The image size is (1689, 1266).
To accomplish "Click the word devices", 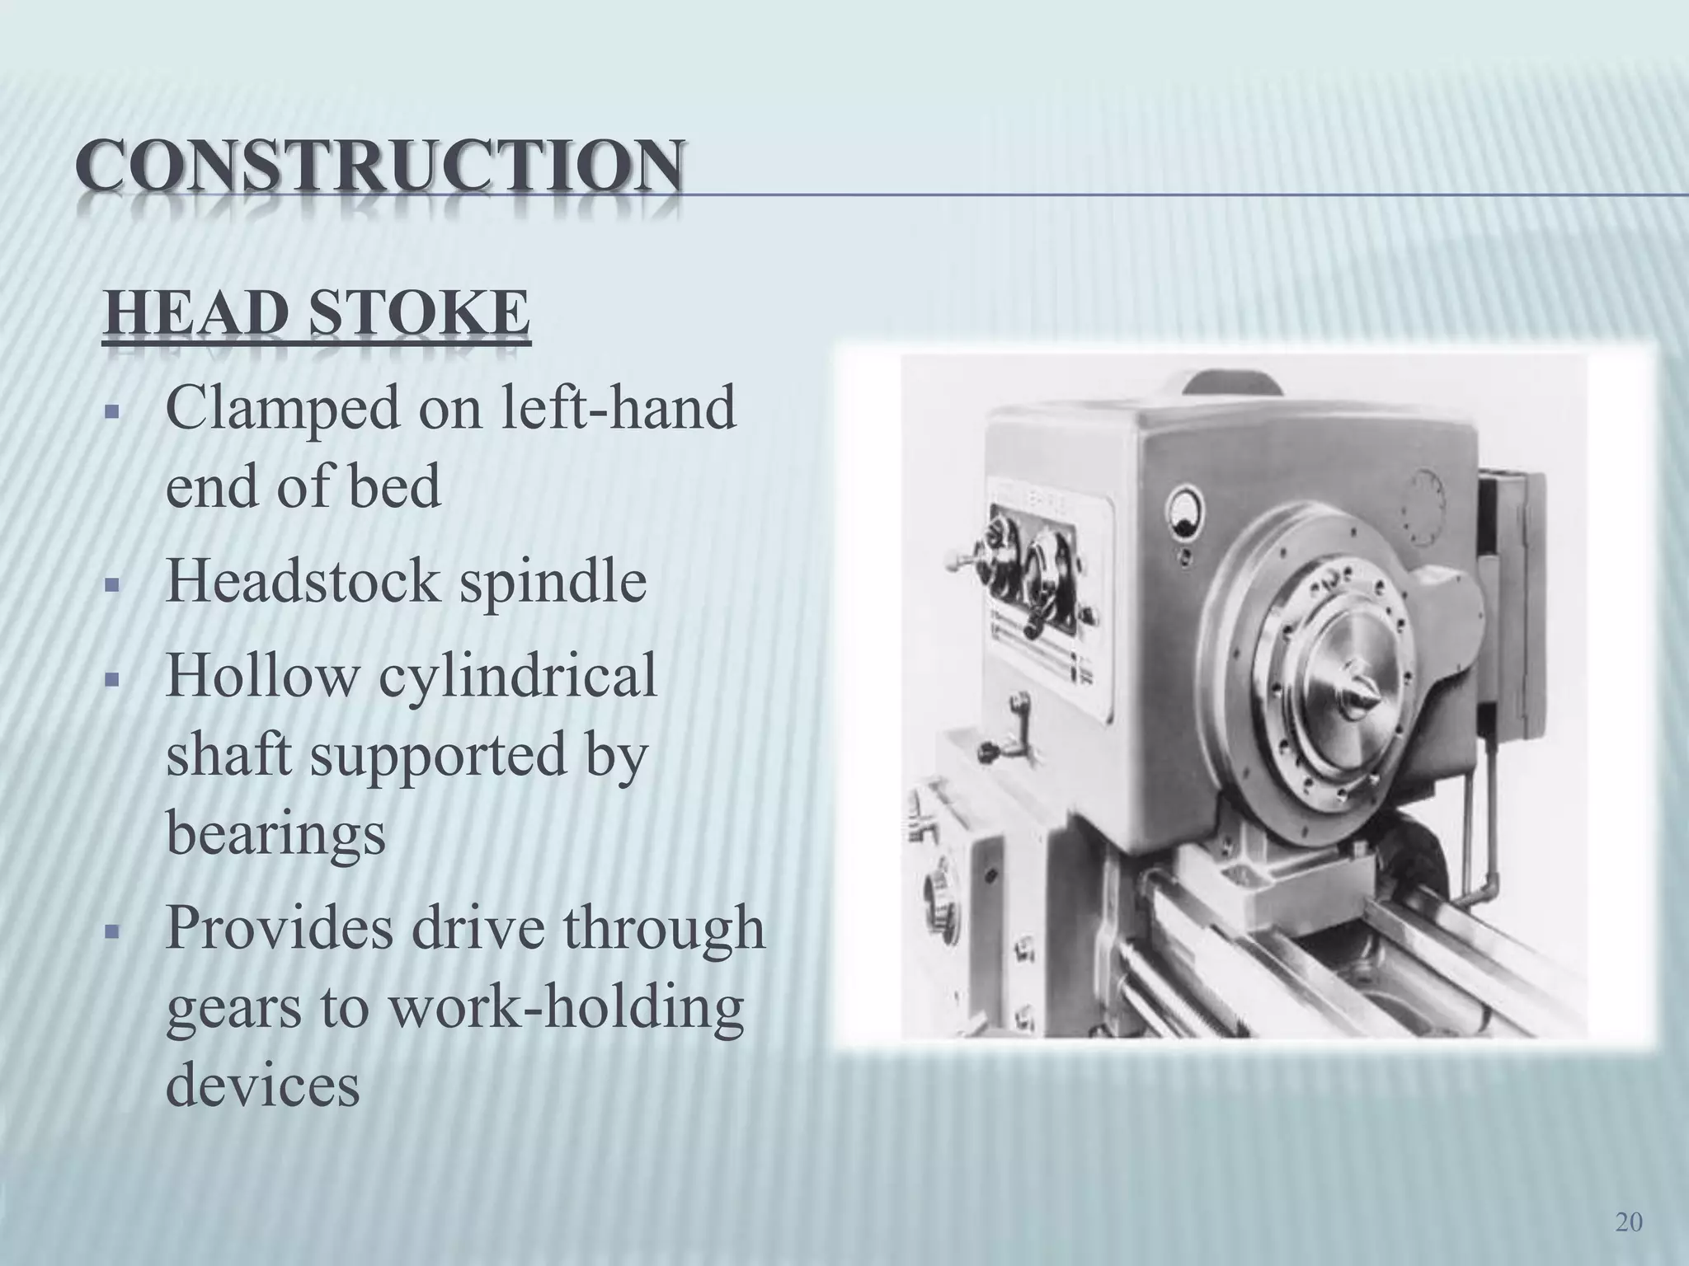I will click(263, 1086).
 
